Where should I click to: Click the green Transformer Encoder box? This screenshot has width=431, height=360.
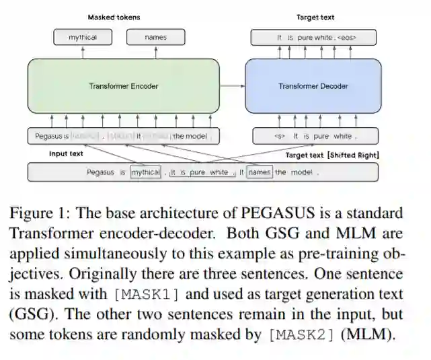123,85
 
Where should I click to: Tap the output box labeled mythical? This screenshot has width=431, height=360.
83,38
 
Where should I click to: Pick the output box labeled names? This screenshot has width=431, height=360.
155,38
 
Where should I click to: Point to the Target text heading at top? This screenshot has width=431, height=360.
315,17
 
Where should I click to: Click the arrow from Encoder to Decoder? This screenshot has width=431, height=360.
232,85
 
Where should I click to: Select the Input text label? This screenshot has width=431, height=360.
67,154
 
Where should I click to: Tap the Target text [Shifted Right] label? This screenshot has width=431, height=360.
332,155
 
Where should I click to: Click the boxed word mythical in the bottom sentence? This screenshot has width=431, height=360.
146,172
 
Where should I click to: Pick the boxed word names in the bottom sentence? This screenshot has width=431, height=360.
259,172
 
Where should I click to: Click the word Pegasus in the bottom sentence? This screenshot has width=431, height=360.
100,172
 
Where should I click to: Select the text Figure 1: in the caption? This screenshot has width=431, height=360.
38,214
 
